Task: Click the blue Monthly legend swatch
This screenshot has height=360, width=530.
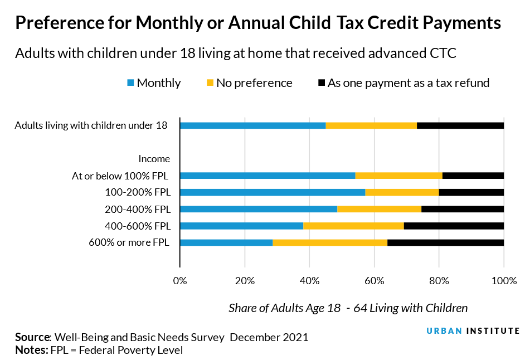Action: click(131, 83)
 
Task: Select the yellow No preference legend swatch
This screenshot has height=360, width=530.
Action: click(210, 83)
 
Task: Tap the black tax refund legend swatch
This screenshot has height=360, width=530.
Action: click(321, 83)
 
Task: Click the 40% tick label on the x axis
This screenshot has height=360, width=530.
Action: click(309, 281)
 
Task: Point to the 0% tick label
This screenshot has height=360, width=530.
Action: click(179, 281)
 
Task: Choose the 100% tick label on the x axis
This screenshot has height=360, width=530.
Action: click(504, 281)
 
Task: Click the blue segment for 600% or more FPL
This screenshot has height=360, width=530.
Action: click(226, 242)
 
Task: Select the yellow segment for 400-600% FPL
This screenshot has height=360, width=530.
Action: click(353, 226)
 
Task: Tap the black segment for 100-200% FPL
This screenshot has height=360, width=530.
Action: click(471, 192)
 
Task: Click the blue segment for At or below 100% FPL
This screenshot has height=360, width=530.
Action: click(268, 176)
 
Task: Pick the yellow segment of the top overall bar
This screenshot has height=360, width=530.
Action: click(371, 125)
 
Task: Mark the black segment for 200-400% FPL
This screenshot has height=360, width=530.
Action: click(463, 209)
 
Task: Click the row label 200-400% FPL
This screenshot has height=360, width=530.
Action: click(138, 210)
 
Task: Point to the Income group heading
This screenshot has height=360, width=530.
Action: click(154, 159)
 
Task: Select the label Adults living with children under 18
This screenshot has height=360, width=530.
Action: click(91, 125)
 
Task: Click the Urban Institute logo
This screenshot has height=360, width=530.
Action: click(473, 330)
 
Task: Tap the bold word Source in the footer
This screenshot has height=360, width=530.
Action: click(33, 337)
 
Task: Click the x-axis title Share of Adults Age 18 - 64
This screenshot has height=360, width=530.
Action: click(348, 308)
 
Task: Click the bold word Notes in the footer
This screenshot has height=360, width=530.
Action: click(31, 350)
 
